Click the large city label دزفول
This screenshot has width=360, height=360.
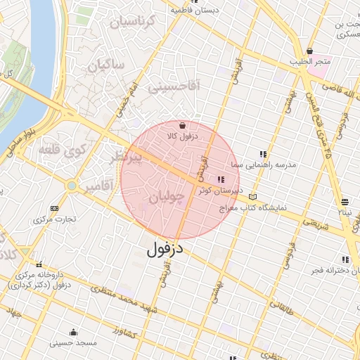click(x=165, y=249)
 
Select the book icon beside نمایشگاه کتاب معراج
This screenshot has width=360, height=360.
click(x=253, y=197)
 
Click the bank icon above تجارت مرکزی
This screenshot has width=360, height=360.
click(x=55, y=209)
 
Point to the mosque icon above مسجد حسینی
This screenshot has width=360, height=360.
click(x=73, y=332)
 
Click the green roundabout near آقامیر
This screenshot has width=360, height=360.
click(x=71, y=186)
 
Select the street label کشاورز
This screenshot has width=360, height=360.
click(x=125, y=330)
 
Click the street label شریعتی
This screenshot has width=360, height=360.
click(x=315, y=225)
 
